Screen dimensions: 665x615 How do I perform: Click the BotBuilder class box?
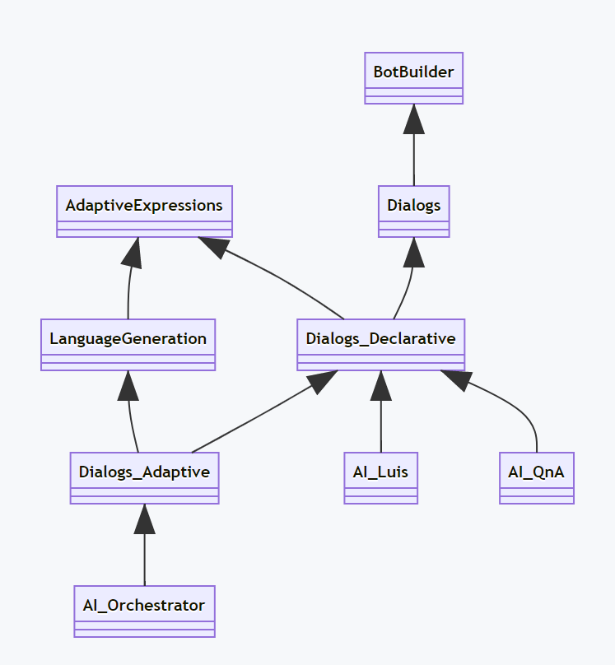413,78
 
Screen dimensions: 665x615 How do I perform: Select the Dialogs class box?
413,212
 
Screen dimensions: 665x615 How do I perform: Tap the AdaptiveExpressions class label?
144,205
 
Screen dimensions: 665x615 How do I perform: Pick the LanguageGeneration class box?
128,345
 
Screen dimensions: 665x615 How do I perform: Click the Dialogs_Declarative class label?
380,338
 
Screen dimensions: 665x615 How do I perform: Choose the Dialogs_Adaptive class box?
144,478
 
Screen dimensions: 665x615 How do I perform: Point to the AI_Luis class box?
380,478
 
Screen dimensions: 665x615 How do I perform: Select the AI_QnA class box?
536,478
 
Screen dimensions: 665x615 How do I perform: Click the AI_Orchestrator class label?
144,605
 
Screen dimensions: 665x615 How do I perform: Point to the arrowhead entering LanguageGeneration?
128,385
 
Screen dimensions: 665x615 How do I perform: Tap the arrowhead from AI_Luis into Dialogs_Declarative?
380,385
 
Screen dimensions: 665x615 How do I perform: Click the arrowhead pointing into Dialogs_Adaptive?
145,519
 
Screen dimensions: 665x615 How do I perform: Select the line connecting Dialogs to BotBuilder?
413,160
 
